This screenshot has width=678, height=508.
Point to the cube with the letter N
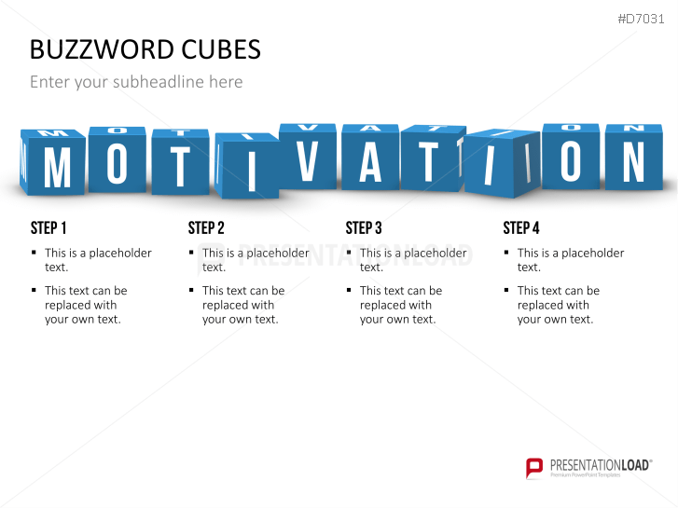(x=633, y=160)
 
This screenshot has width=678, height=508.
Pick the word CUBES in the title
(x=215, y=48)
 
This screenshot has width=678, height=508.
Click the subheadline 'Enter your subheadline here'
(x=136, y=82)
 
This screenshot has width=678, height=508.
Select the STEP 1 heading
(x=48, y=227)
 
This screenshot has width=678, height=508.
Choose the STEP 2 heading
(x=206, y=227)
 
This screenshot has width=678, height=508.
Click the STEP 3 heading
(x=364, y=227)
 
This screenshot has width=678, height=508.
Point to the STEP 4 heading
(x=521, y=227)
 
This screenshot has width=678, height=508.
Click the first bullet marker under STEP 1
(x=35, y=253)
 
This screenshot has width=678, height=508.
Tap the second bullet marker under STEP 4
(x=507, y=291)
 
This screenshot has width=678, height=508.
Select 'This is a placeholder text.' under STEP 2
(x=255, y=260)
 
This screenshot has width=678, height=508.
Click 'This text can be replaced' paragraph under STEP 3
(x=400, y=305)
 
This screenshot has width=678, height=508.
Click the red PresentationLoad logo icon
(x=533, y=467)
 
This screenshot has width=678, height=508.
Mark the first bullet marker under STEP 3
(x=350, y=253)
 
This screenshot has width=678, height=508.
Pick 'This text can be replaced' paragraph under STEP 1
(x=85, y=305)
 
